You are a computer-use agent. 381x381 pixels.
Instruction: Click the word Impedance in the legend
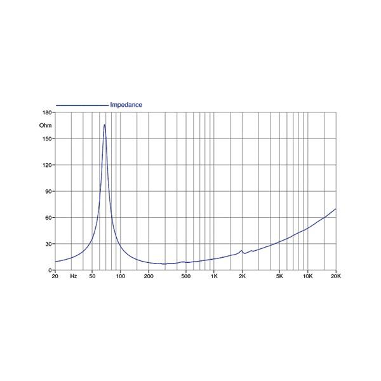[126, 105]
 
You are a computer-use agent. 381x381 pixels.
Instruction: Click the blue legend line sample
[82, 105]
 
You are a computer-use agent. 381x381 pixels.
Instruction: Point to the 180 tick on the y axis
[46, 112]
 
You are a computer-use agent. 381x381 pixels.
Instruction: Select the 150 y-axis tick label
[46, 138]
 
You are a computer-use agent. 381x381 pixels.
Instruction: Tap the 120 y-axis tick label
[46, 165]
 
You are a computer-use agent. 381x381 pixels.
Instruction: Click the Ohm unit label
[45, 125]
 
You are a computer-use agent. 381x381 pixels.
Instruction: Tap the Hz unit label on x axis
[74, 277]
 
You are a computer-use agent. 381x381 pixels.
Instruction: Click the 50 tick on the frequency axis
[93, 277]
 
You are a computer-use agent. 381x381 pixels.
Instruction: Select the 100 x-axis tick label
[121, 277]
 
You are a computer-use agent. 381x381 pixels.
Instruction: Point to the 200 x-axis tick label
[149, 277]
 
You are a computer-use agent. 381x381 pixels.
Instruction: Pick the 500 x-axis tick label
[185, 277]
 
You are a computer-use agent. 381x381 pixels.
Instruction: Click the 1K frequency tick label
[214, 277]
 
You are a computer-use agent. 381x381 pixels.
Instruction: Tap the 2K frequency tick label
[242, 277]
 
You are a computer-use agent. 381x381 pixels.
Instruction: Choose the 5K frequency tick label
[279, 277]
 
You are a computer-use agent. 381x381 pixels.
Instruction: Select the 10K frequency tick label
[307, 277]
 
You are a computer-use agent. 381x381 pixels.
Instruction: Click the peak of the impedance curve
[105, 124]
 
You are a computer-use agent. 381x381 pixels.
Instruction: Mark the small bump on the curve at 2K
[242, 251]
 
